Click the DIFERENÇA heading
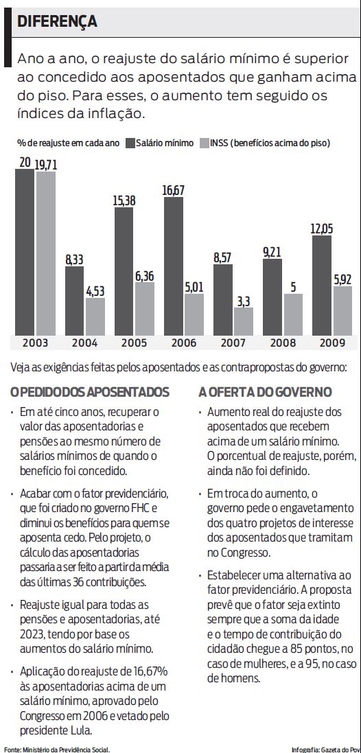(57, 21)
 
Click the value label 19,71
(46, 164)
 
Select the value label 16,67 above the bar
(174, 189)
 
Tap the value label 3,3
(244, 299)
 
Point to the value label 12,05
(322, 229)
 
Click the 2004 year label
(85, 342)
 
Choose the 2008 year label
(283, 342)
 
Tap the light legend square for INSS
(204, 143)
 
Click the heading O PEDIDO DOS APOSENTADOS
(90, 392)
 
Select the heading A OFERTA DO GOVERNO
(266, 392)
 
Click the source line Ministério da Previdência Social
(66, 749)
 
